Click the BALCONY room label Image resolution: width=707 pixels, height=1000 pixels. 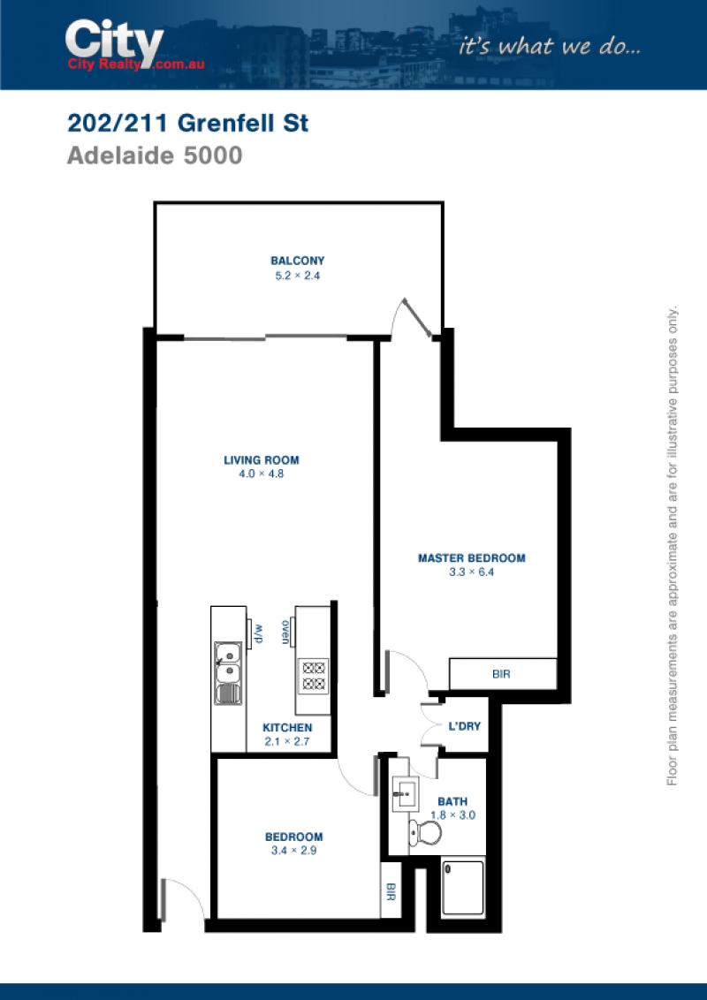297,261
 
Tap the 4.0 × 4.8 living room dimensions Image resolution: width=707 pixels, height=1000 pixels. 261,473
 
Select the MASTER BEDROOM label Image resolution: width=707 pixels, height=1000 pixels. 472,558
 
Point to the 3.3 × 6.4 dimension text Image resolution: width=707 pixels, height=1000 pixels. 472,572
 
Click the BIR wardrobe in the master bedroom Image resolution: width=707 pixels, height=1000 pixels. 503,673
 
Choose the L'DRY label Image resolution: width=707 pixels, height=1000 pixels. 465,726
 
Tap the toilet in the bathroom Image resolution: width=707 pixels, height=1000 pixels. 425,831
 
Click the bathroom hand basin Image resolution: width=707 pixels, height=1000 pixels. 405,794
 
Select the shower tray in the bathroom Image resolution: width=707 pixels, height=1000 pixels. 463,888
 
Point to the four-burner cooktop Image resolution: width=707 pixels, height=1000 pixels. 314,677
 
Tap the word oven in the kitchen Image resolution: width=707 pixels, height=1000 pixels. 285,632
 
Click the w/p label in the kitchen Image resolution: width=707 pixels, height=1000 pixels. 259,634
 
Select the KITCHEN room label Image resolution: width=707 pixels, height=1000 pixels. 287,728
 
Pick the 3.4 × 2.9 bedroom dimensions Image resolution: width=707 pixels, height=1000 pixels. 293,850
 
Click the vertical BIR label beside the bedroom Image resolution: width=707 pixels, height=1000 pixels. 391,891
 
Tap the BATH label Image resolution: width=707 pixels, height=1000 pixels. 452,801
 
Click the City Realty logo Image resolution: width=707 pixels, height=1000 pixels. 134,45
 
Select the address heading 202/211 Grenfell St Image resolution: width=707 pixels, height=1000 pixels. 187,123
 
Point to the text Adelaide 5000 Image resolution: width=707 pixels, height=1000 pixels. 155,155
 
